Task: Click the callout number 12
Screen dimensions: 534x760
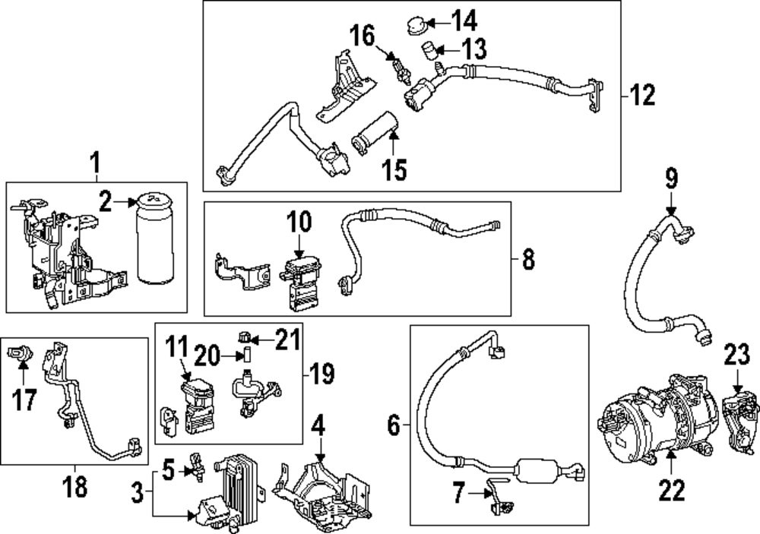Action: [642, 96]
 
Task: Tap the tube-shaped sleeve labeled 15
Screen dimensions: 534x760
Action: [375, 132]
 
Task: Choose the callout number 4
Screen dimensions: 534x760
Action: [319, 427]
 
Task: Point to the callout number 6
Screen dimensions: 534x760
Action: [393, 426]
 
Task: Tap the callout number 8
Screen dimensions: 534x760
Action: [528, 260]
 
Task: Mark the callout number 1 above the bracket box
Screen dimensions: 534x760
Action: [95, 161]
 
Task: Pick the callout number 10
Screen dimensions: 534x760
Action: [299, 222]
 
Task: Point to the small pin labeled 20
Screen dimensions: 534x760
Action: [246, 355]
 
